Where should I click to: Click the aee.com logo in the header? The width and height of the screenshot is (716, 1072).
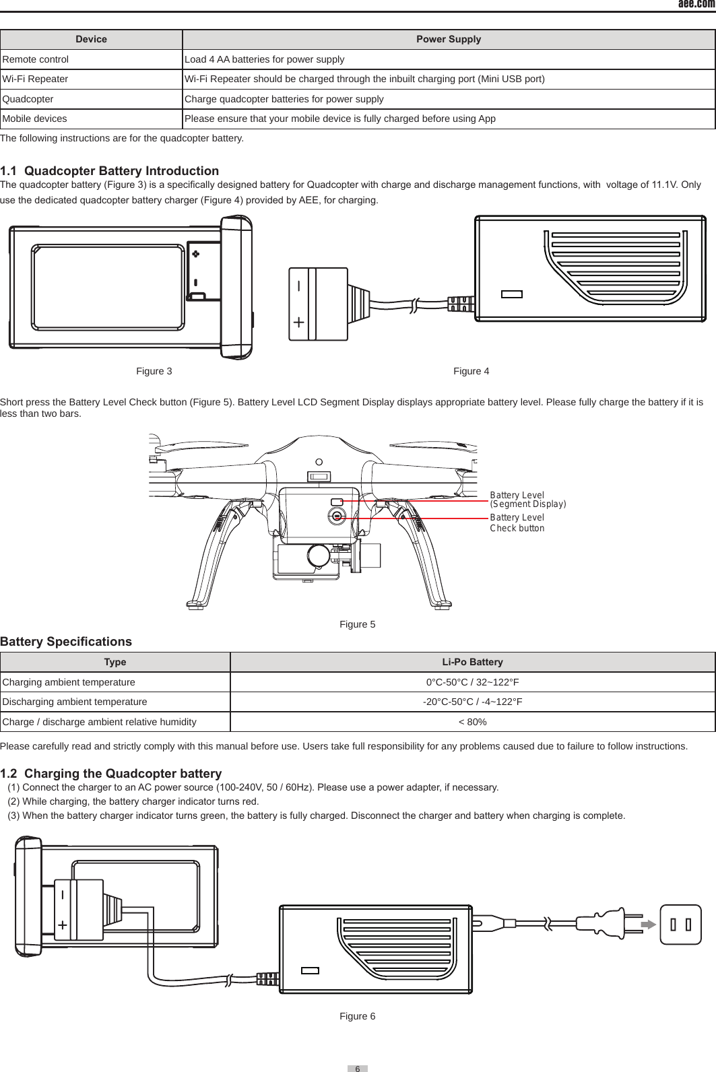[x=696, y=4]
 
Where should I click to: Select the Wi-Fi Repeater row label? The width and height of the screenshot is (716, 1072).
[x=35, y=79]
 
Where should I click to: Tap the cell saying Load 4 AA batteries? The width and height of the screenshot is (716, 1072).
[x=264, y=59]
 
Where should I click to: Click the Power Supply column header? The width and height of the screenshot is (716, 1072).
[x=449, y=39]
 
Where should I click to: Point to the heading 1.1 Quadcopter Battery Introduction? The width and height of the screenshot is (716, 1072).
[x=109, y=170]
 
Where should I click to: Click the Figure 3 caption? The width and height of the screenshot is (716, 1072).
[x=154, y=371]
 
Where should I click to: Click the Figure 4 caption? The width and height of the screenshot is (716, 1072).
[x=471, y=371]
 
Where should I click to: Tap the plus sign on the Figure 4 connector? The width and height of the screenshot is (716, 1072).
[x=298, y=323]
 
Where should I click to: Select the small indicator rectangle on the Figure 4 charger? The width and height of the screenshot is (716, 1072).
[x=512, y=294]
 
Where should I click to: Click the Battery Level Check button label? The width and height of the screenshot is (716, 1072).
[x=517, y=523]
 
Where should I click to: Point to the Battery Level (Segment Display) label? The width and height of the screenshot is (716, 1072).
[x=527, y=500]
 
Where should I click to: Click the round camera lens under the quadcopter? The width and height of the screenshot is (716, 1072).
[x=319, y=556]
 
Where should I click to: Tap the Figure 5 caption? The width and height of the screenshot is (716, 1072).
[x=357, y=624]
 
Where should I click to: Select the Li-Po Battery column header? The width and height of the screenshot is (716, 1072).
[x=472, y=662]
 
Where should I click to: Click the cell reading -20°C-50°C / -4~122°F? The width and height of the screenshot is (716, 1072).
[x=472, y=702]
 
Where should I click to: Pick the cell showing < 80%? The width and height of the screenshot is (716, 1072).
[x=472, y=722]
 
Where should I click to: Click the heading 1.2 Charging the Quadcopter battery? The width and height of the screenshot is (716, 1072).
[x=110, y=773]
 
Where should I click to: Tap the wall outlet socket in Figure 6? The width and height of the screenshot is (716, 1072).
[x=680, y=925]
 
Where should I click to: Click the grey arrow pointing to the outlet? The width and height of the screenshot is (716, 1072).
[x=648, y=925]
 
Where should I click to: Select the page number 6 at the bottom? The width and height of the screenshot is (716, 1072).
[x=358, y=1069]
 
